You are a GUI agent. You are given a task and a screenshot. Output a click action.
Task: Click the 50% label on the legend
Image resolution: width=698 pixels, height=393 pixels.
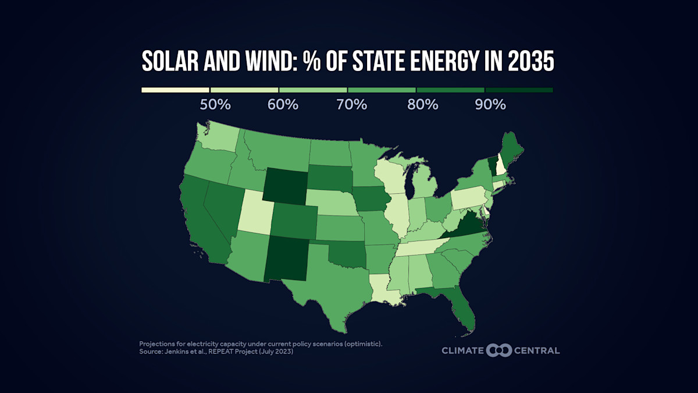tap(216, 105)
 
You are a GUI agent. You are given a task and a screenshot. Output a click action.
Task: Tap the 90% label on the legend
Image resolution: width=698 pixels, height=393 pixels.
tap(491, 105)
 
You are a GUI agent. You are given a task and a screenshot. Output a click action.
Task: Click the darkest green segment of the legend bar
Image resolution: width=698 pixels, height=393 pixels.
tap(519, 90)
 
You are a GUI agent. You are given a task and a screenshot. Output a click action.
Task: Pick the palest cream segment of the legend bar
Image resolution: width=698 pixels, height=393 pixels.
tap(175, 90)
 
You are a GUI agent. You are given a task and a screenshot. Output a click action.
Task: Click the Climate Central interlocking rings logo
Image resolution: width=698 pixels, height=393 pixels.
tap(498, 350)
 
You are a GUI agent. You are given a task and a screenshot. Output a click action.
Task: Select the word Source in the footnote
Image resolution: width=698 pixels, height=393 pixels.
tap(151, 352)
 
